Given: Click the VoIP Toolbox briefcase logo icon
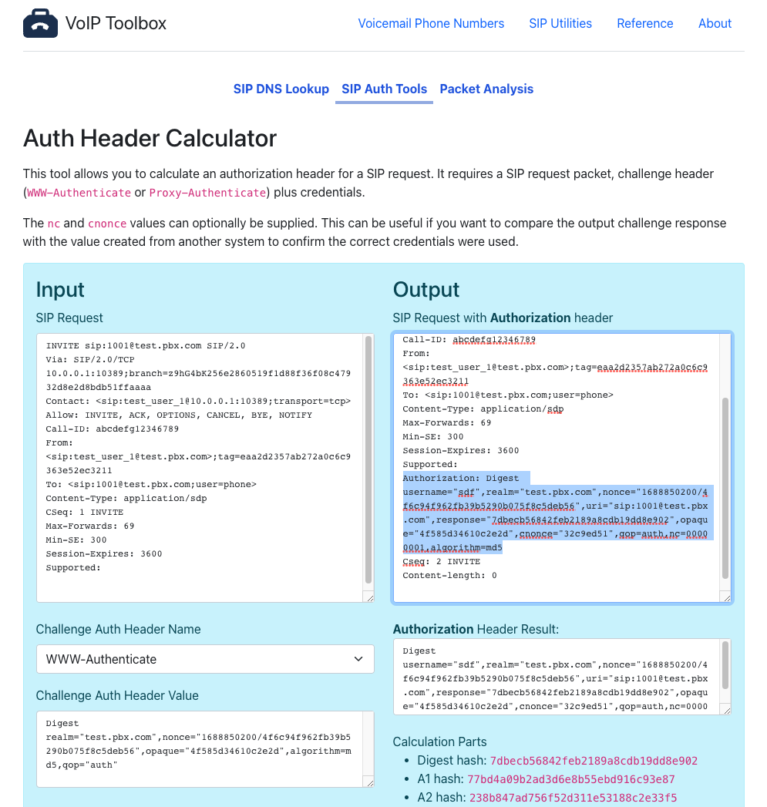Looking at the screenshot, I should point(40,24).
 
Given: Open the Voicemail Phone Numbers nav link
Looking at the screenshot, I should point(431,24).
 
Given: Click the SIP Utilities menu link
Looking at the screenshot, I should point(560,24).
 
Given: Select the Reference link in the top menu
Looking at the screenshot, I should point(644,24).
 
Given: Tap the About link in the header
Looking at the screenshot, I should point(715,24).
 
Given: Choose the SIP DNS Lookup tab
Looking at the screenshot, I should point(281,89).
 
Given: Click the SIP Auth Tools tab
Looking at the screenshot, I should point(384,89).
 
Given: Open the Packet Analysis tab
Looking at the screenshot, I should point(486,89).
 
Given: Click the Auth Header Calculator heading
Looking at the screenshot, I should point(150,139).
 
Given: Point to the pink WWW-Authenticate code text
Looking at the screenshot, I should point(79,193).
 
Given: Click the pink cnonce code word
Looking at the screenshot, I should point(107,224).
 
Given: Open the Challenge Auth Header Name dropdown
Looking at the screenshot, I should point(205,659).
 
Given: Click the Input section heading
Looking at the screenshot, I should point(60,290).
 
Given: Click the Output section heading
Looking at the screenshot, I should point(426,290).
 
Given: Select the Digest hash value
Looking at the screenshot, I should point(594,761).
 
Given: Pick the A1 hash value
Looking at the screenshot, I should point(570,779).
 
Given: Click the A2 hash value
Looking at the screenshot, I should point(573,798).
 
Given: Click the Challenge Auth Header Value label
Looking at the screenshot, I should point(117,695).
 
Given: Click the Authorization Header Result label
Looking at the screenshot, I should point(476,629).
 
